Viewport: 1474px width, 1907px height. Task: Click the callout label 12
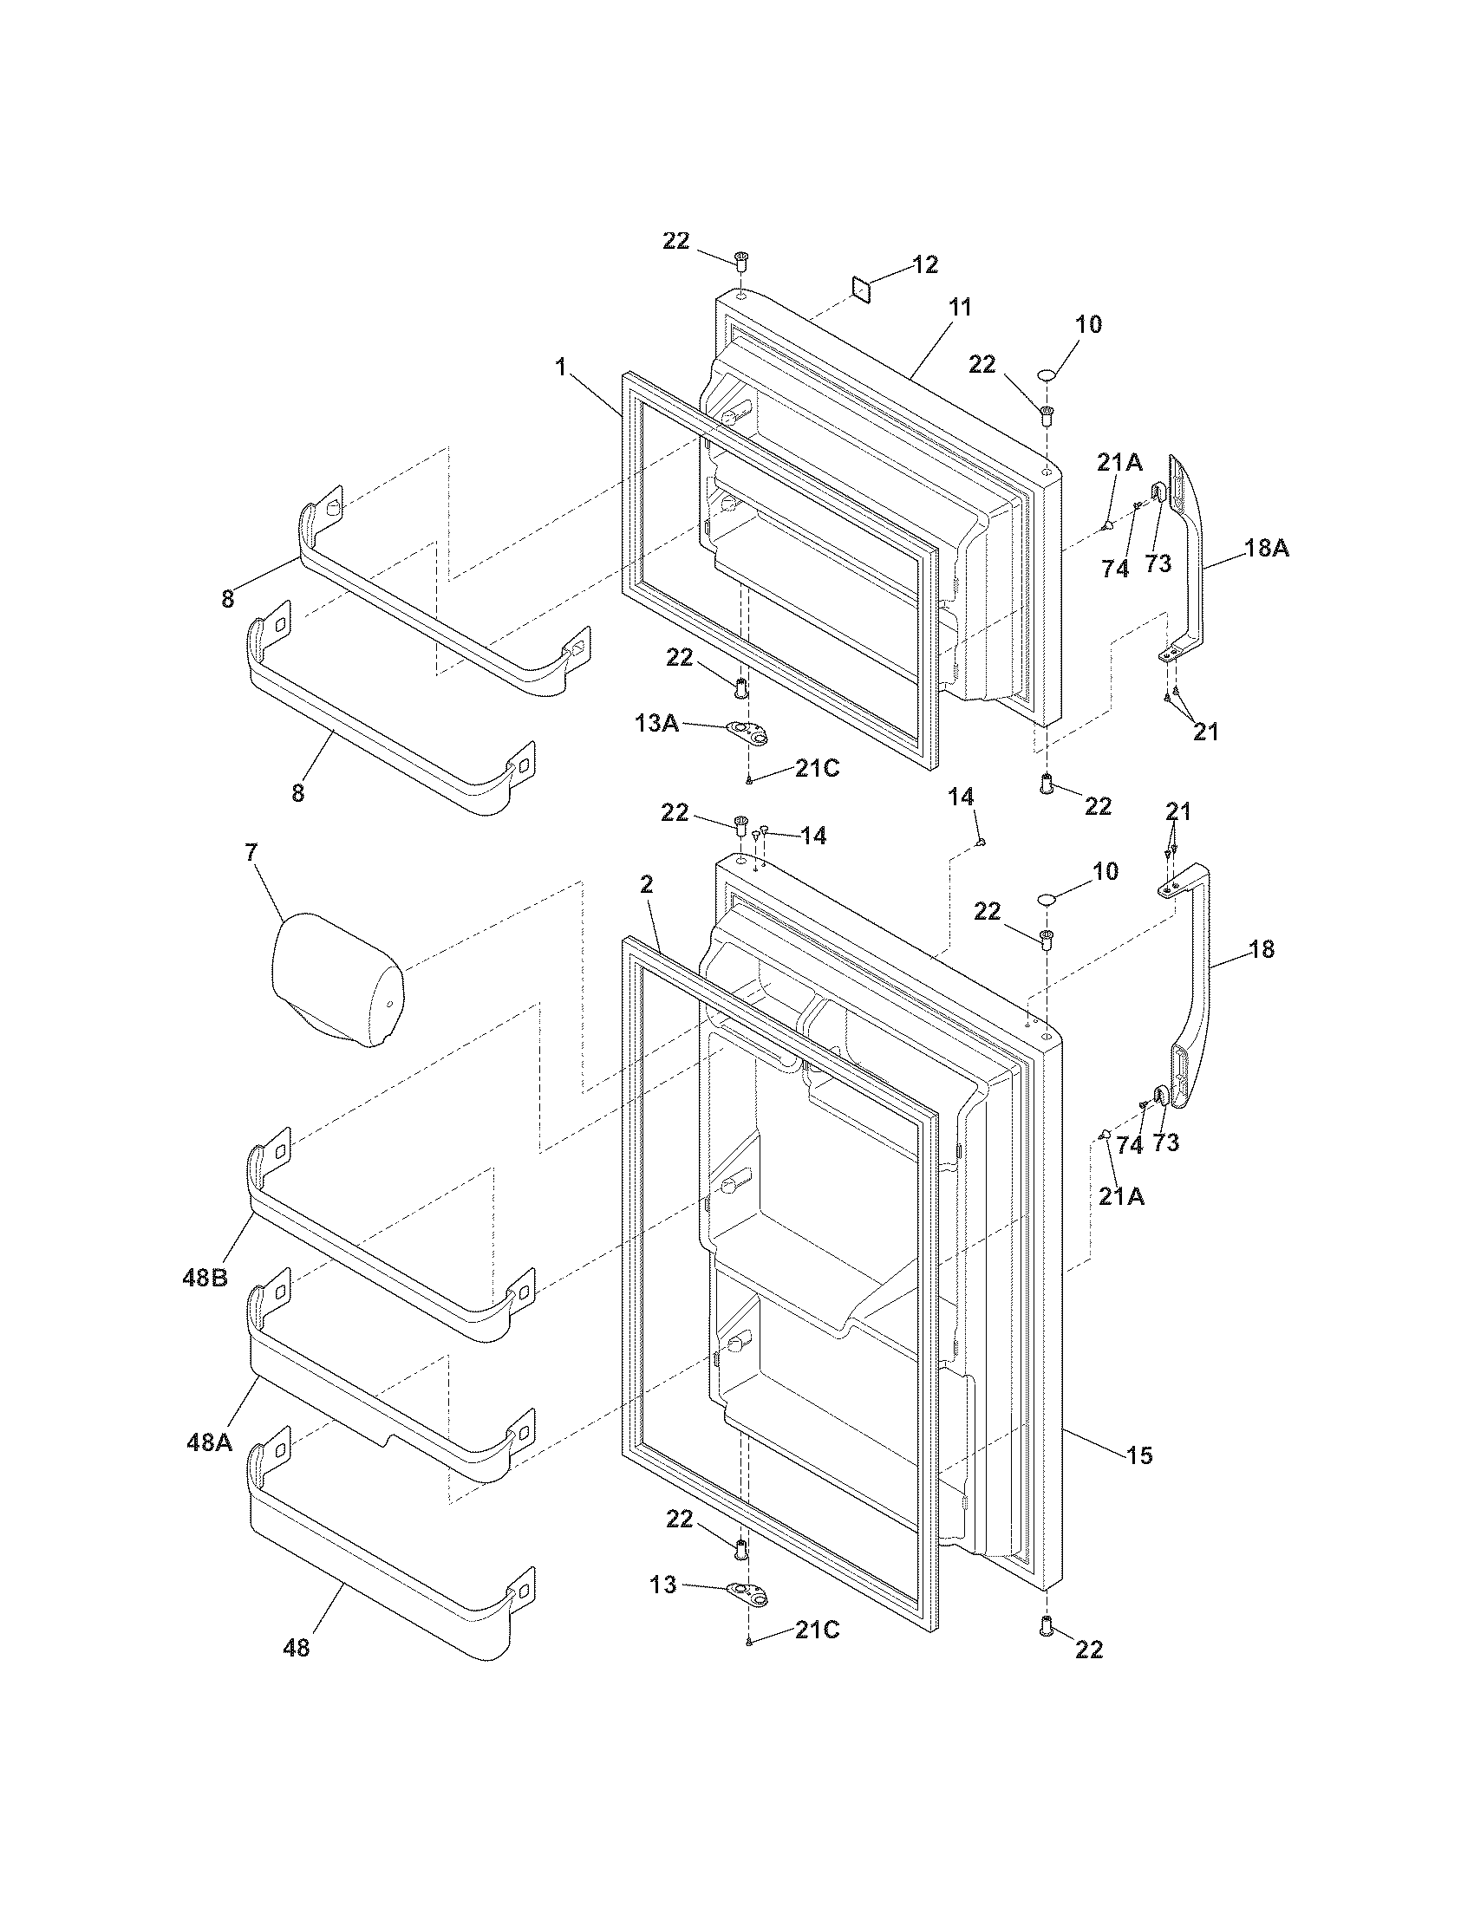[926, 264]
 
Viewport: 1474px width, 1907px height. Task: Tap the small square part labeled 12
[863, 290]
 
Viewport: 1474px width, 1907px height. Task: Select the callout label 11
[961, 308]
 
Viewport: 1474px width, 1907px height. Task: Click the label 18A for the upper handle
[1266, 550]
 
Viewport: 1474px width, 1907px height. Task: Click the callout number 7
[251, 853]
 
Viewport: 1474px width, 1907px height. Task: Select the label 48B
[205, 1278]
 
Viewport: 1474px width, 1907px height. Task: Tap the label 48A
[210, 1442]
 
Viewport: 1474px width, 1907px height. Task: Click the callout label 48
[297, 1650]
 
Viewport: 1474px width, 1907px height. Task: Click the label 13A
[657, 723]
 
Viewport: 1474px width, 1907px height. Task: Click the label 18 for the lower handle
[1262, 949]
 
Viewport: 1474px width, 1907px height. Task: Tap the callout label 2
[646, 884]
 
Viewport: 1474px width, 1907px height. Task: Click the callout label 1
[560, 368]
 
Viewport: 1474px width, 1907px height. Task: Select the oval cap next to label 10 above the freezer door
[1050, 375]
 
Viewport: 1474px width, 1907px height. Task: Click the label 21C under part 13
[817, 1630]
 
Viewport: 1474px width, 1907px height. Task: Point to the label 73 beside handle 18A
[1158, 564]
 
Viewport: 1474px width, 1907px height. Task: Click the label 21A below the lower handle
[1121, 1197]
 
